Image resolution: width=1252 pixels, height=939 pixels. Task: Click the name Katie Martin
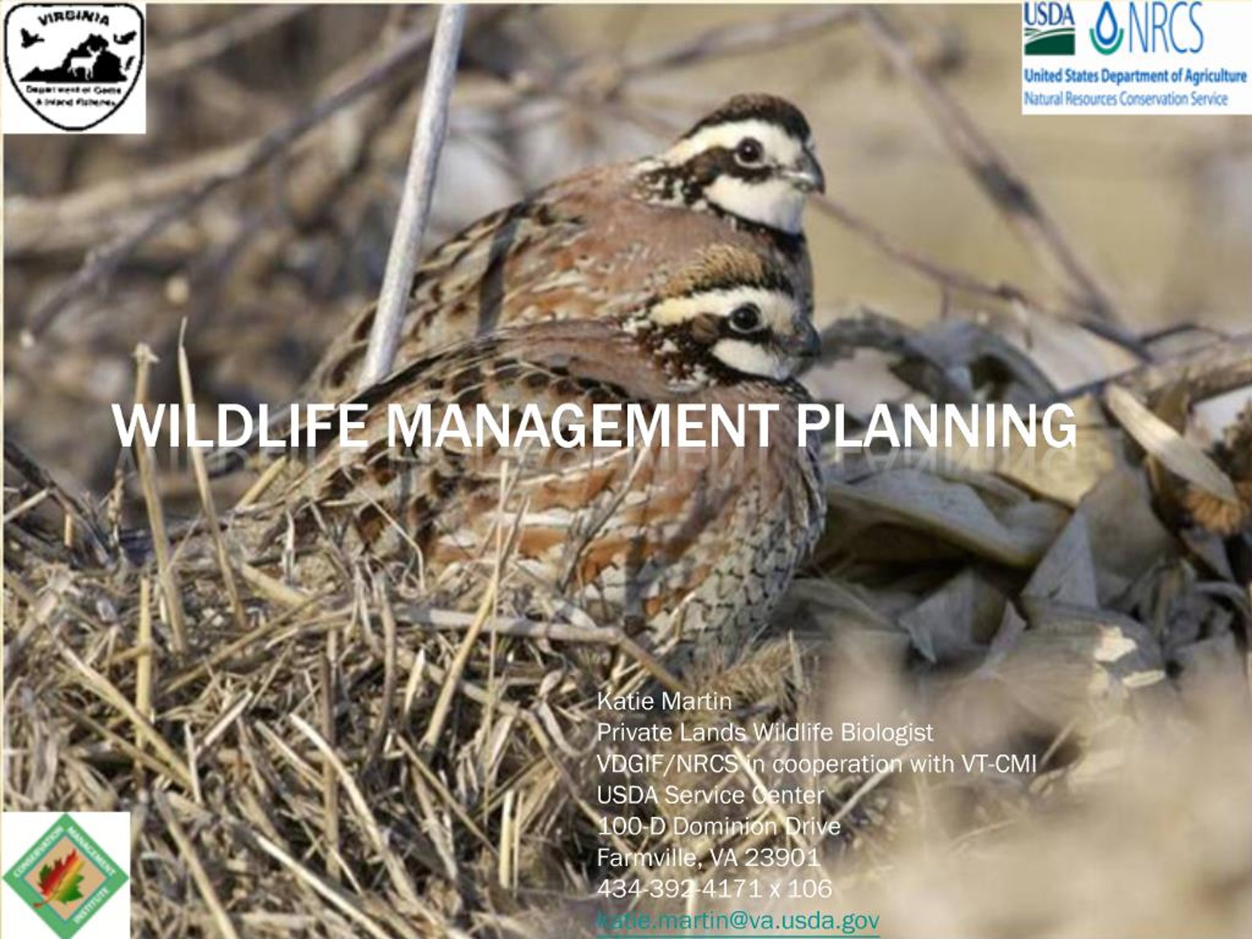(x=664, y=702)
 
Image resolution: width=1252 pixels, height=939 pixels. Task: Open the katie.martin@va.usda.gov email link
(x=738, y=921)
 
